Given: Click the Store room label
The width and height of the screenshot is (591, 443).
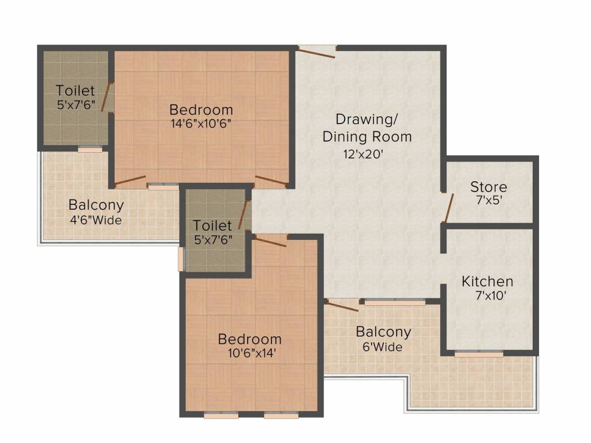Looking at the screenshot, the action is [x=488, y=186].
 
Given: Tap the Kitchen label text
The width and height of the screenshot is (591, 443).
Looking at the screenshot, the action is [x=487, y=281].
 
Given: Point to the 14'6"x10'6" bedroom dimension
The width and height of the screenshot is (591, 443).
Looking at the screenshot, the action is [x=201, y=123].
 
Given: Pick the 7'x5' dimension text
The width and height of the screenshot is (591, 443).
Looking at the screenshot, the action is [x=489, y=200].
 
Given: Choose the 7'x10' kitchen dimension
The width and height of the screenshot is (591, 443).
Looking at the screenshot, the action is [x=490, y=295].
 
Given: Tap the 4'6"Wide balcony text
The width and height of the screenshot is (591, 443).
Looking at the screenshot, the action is [x=96, y=220].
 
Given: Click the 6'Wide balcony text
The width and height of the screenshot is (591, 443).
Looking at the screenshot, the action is [x=382, y=347].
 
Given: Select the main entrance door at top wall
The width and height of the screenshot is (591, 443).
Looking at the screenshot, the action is [x=317, y=52].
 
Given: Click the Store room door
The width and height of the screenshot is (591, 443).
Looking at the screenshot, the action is [x=448, y=208].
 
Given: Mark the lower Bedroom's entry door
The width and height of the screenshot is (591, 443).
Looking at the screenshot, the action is [x=271, y=241].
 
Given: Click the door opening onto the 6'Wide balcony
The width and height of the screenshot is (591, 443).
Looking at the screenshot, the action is [x=342, y=306].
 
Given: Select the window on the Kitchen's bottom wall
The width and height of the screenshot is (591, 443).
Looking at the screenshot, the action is [x=478, y=354].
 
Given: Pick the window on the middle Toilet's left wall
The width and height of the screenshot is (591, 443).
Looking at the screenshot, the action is [x=181, y=259].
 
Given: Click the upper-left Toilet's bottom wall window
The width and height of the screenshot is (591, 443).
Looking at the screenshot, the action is [x=90, y=149].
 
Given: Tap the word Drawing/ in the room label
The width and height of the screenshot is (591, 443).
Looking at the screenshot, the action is [x=366, y=119].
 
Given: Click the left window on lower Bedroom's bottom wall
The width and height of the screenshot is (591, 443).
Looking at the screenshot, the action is [x=221, y=415].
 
